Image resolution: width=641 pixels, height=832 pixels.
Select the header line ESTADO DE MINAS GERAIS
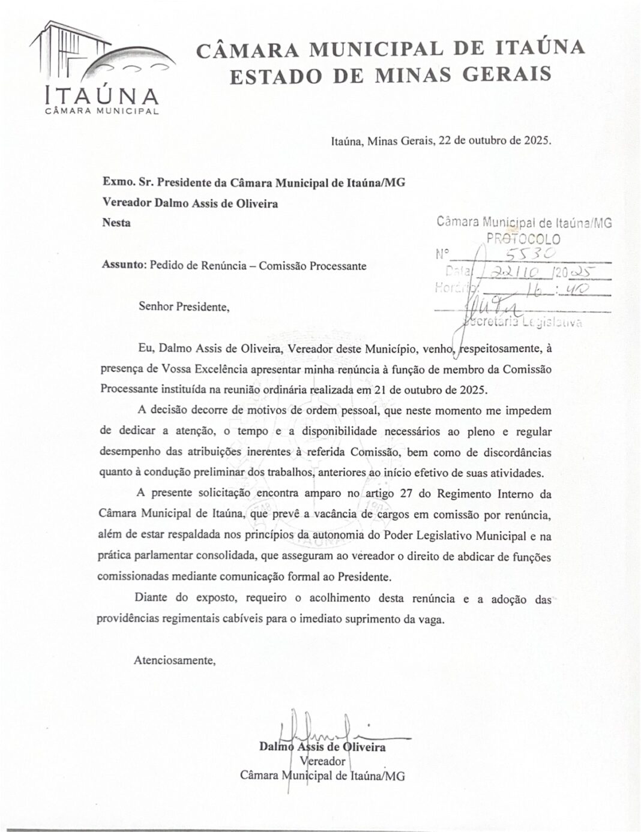[391, 74]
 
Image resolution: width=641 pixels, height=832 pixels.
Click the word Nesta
[116, 223]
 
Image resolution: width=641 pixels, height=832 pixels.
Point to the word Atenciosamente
[174, 660]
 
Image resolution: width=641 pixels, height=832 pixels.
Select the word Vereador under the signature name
[322, 761]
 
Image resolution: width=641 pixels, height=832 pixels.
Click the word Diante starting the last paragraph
[151, 597]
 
